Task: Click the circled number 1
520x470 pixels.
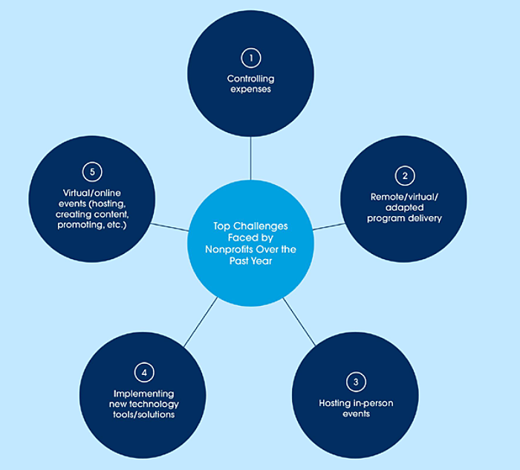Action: point(250,57)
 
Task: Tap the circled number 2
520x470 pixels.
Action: point(405,176)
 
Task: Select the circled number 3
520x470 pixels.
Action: point(356,382)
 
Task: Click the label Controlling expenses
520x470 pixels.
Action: point(250,84)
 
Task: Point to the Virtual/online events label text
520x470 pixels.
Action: point(93,204)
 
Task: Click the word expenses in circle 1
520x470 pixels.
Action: point(250,89)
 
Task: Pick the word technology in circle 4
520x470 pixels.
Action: point(153,403)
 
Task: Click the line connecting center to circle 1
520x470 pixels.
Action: point(250,160)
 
